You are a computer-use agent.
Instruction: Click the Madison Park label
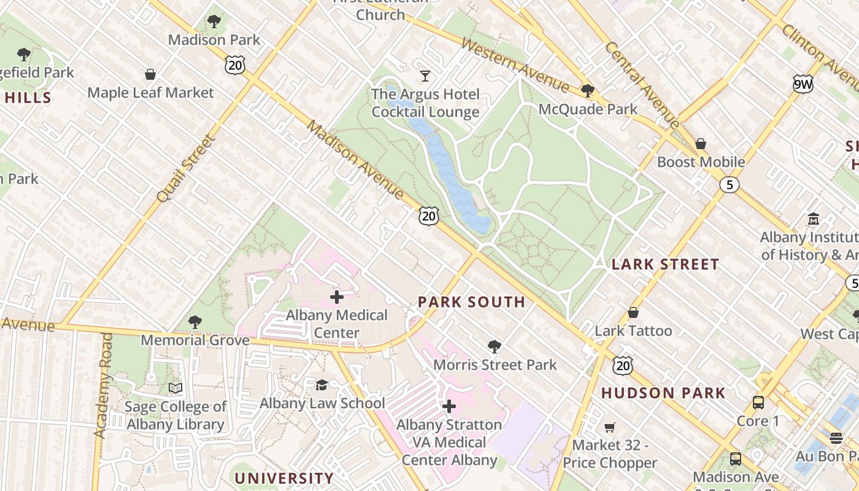[x=214, y=40]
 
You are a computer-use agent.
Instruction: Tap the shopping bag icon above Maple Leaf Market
[x=150, y=75]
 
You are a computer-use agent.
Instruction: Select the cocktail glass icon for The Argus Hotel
[x=425, y=76]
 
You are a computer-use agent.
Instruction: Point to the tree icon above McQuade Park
[x=588, y=91]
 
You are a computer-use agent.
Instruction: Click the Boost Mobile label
[x=701, y=162]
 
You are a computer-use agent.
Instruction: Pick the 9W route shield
[x=803, y=85]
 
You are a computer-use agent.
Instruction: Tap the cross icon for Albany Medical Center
[x=336, y=297]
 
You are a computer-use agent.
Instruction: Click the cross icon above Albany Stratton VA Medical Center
[x=449, y=406]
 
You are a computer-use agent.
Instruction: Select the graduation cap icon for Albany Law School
[x=322, y=385]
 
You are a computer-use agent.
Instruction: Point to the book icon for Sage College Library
[x=175, y=388]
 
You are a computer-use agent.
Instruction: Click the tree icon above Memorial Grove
[x=195, y=322]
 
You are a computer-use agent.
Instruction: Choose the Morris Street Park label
[x=495, y=365]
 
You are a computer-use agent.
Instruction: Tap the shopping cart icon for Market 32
[x=609, y=427]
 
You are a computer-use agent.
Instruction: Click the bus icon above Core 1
[x=758, y=403]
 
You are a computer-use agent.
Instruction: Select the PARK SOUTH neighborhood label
[x=471, y=302]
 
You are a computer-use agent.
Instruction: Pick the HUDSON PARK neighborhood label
[x=663, y=393]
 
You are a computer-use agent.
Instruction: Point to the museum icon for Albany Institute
[x=814, y=219]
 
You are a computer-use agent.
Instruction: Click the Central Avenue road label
[x=642, y=85]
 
